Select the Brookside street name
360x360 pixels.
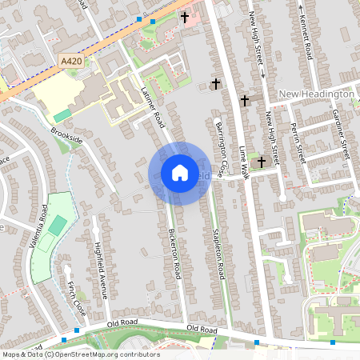66,134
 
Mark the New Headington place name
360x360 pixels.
316,94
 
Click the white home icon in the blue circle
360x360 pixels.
179,172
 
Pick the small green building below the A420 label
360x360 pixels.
62,116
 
